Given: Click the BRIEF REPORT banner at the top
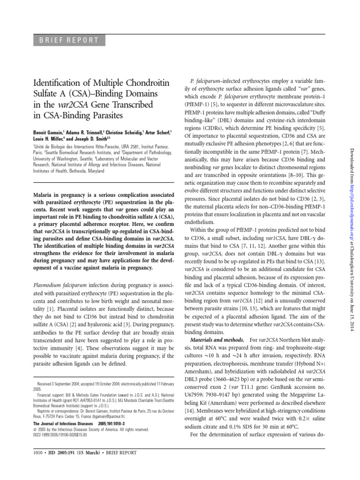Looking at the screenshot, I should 65,40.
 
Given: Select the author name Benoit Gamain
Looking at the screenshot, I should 48,134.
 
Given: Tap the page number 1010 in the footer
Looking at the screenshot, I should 36,453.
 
